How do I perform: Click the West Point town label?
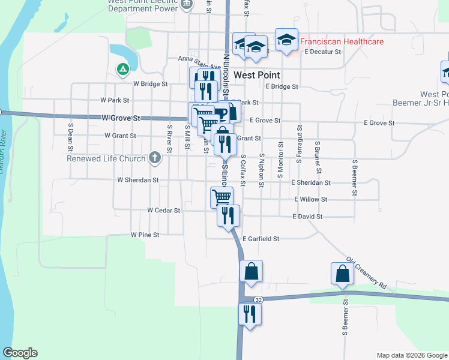(x=258, y=75)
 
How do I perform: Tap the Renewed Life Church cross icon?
(x=155, y=158)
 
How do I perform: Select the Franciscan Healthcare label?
(x=342, y=41)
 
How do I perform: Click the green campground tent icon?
(x=122, y=70)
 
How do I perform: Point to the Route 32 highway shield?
(x=258, y=299)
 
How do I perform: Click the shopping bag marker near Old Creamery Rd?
(x=342, y=274)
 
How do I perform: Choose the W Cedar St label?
(x=164, y=211)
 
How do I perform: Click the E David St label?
(x=308, y=216)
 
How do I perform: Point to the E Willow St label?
(x=310, y=199)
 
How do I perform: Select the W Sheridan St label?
(x=138, y=179)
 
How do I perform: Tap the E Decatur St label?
(x=322, y=52)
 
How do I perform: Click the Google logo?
(x=20, y=353)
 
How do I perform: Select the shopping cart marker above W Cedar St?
(x=221, y=197)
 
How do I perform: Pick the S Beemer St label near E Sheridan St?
(x=355, y=177)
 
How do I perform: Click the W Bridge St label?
(x=151, y=84)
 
